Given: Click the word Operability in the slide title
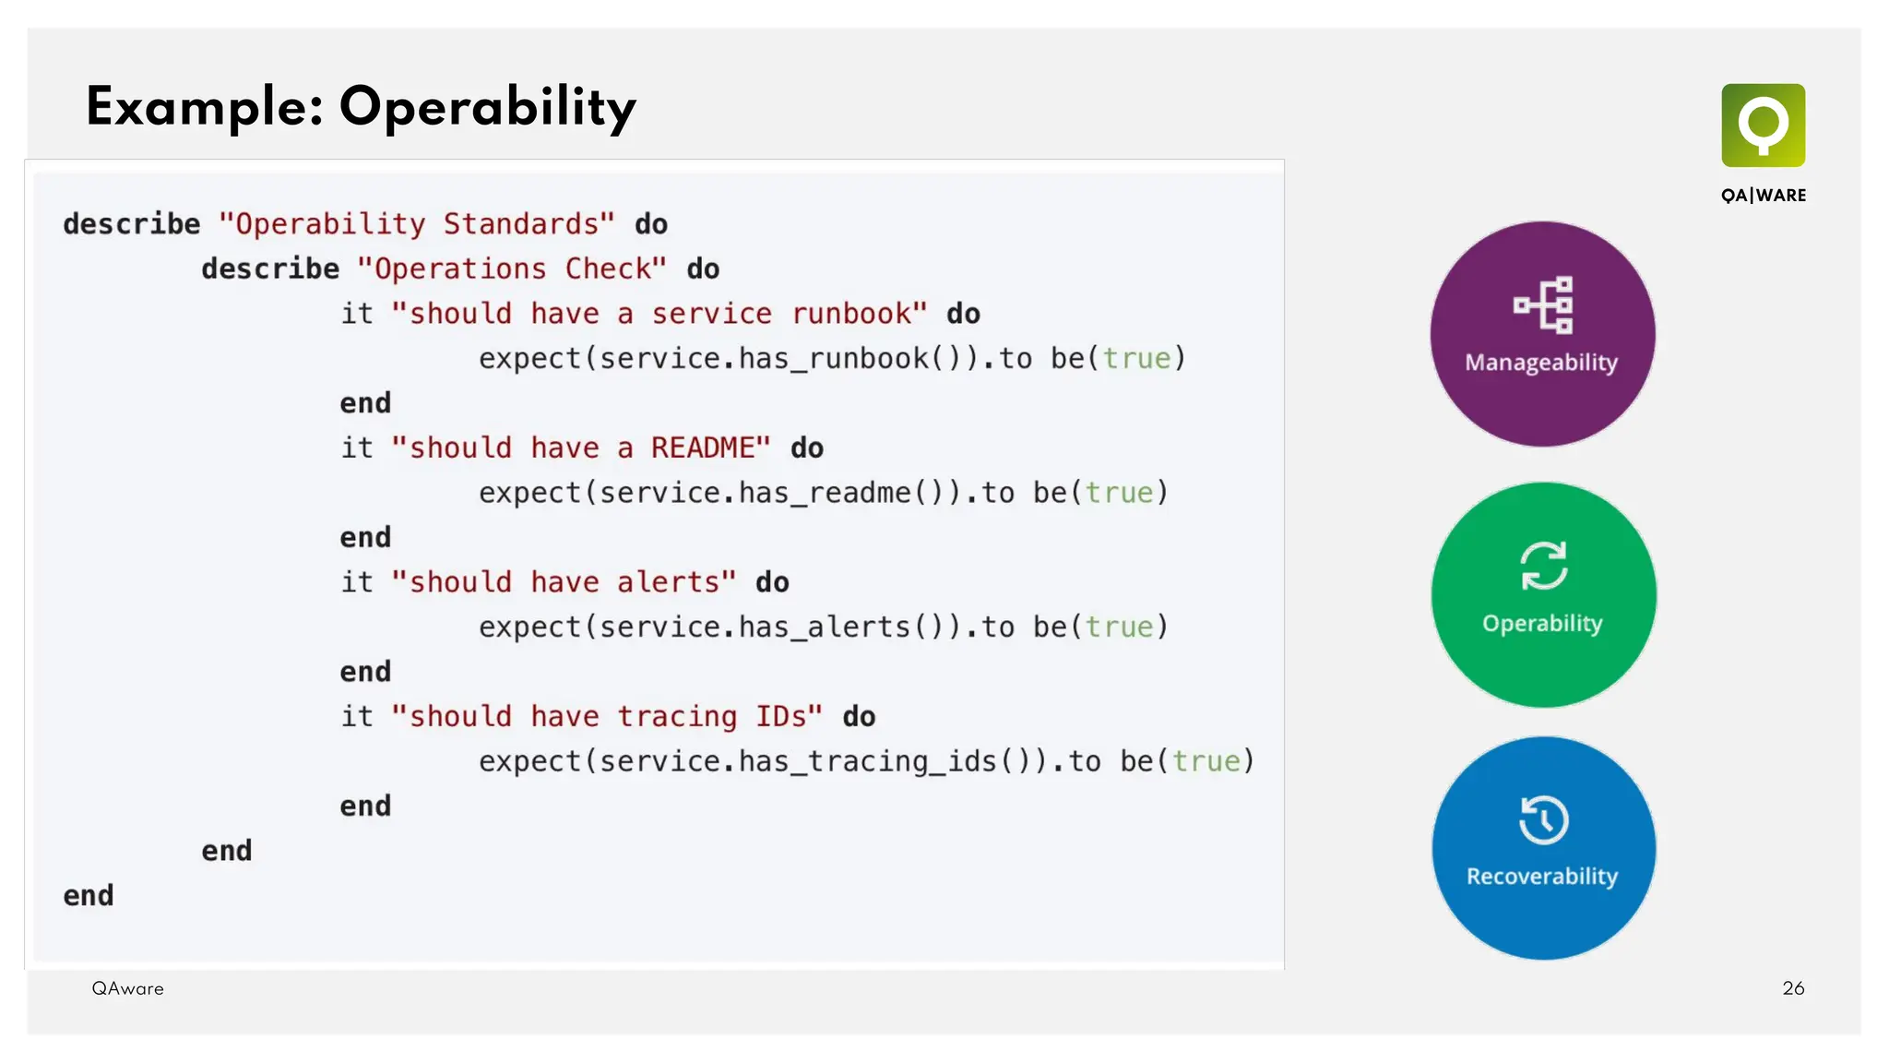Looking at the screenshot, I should point(487,108).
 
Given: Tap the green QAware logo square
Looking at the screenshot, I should point(1763,125).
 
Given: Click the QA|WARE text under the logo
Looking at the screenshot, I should point(1763,196).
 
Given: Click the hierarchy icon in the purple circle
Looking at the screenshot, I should point(1543,305).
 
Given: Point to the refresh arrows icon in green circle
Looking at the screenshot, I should point(1543,565).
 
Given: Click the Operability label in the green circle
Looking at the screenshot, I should point(1542,624).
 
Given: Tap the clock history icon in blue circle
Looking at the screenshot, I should point(1543,819).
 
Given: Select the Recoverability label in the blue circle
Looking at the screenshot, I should point(1542,877).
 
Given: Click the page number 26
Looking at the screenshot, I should point(1792,988).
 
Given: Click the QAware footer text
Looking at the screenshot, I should point(127,988).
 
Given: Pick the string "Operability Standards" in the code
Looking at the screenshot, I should point(416,224).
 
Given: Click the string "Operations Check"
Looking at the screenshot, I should point(511,269).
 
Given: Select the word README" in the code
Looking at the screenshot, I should point(710,448).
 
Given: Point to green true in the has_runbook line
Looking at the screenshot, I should point(1136,359).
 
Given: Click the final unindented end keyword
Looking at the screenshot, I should point(89,896).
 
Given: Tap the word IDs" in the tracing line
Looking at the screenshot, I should point(789,717).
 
